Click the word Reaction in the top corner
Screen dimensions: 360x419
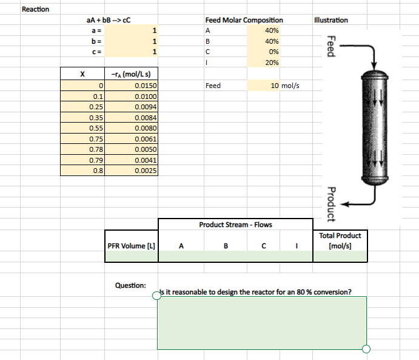click(35, 9)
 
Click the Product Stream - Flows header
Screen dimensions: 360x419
click(235, 225)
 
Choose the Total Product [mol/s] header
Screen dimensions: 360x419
click(340, 240)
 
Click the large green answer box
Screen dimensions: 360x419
click(261, 322)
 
